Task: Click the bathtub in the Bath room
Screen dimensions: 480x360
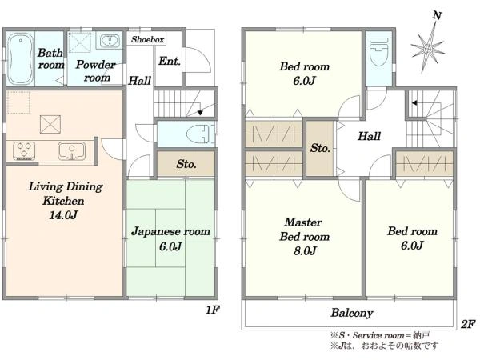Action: (20, 58)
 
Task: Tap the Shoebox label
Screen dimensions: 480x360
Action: (147, 39)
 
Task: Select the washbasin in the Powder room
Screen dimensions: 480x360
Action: (110, 41)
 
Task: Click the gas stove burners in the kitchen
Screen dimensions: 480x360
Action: (23, 150)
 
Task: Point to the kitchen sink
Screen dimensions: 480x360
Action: (72, 150)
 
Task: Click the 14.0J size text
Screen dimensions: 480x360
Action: (63, 215)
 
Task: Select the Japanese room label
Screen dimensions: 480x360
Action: (170, 231)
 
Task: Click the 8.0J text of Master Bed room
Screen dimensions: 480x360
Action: (305, 251)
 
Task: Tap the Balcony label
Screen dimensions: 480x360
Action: (352, 313)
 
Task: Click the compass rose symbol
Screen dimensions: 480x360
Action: (428, 48)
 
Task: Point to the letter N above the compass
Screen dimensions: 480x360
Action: (437, 15)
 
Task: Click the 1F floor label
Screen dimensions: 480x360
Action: (212, 310)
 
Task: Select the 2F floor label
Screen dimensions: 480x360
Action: (468, 324)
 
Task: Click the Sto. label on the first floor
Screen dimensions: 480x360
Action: (186, 164)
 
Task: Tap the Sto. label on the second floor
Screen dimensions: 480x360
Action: (320, 148)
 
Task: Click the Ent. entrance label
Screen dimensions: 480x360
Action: (170, 62)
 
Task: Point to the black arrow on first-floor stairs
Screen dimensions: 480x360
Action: (200, 112)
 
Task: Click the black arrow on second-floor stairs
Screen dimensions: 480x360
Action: (414, 103)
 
